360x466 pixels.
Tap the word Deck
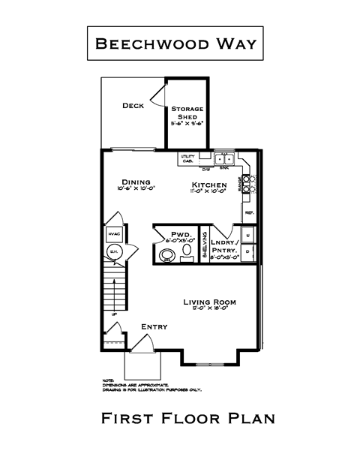[133, 106]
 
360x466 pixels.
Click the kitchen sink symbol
[223, 159]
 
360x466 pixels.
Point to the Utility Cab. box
[187, 159]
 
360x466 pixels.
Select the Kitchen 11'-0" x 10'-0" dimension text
[208, 192]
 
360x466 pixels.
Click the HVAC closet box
[115, 234]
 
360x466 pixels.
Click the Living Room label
[210, 302]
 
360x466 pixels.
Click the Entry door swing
[144, 343]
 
